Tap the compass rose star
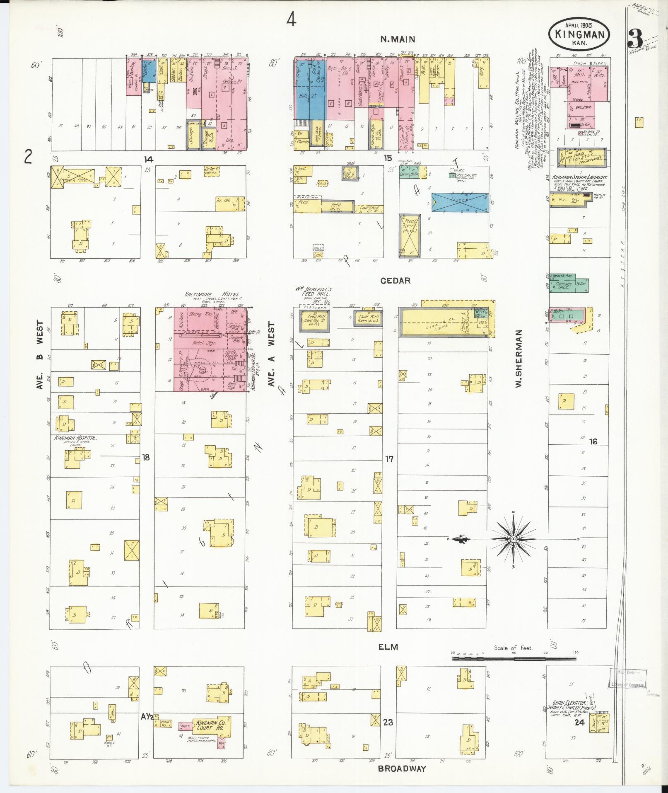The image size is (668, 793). click(514, 539)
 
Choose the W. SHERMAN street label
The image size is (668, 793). click(518, 359)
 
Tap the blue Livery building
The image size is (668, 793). click(460, 202)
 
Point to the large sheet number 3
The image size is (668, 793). click(635, 39)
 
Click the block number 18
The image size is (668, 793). click(145, 457)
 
